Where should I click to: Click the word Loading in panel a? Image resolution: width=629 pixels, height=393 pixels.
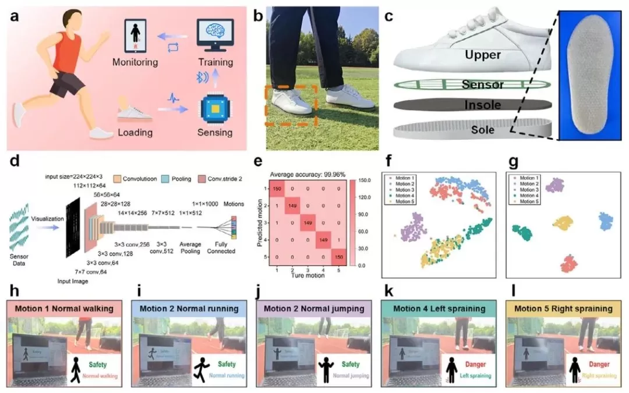(136, 133)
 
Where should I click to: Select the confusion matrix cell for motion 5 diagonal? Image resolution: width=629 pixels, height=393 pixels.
(340, 256)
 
